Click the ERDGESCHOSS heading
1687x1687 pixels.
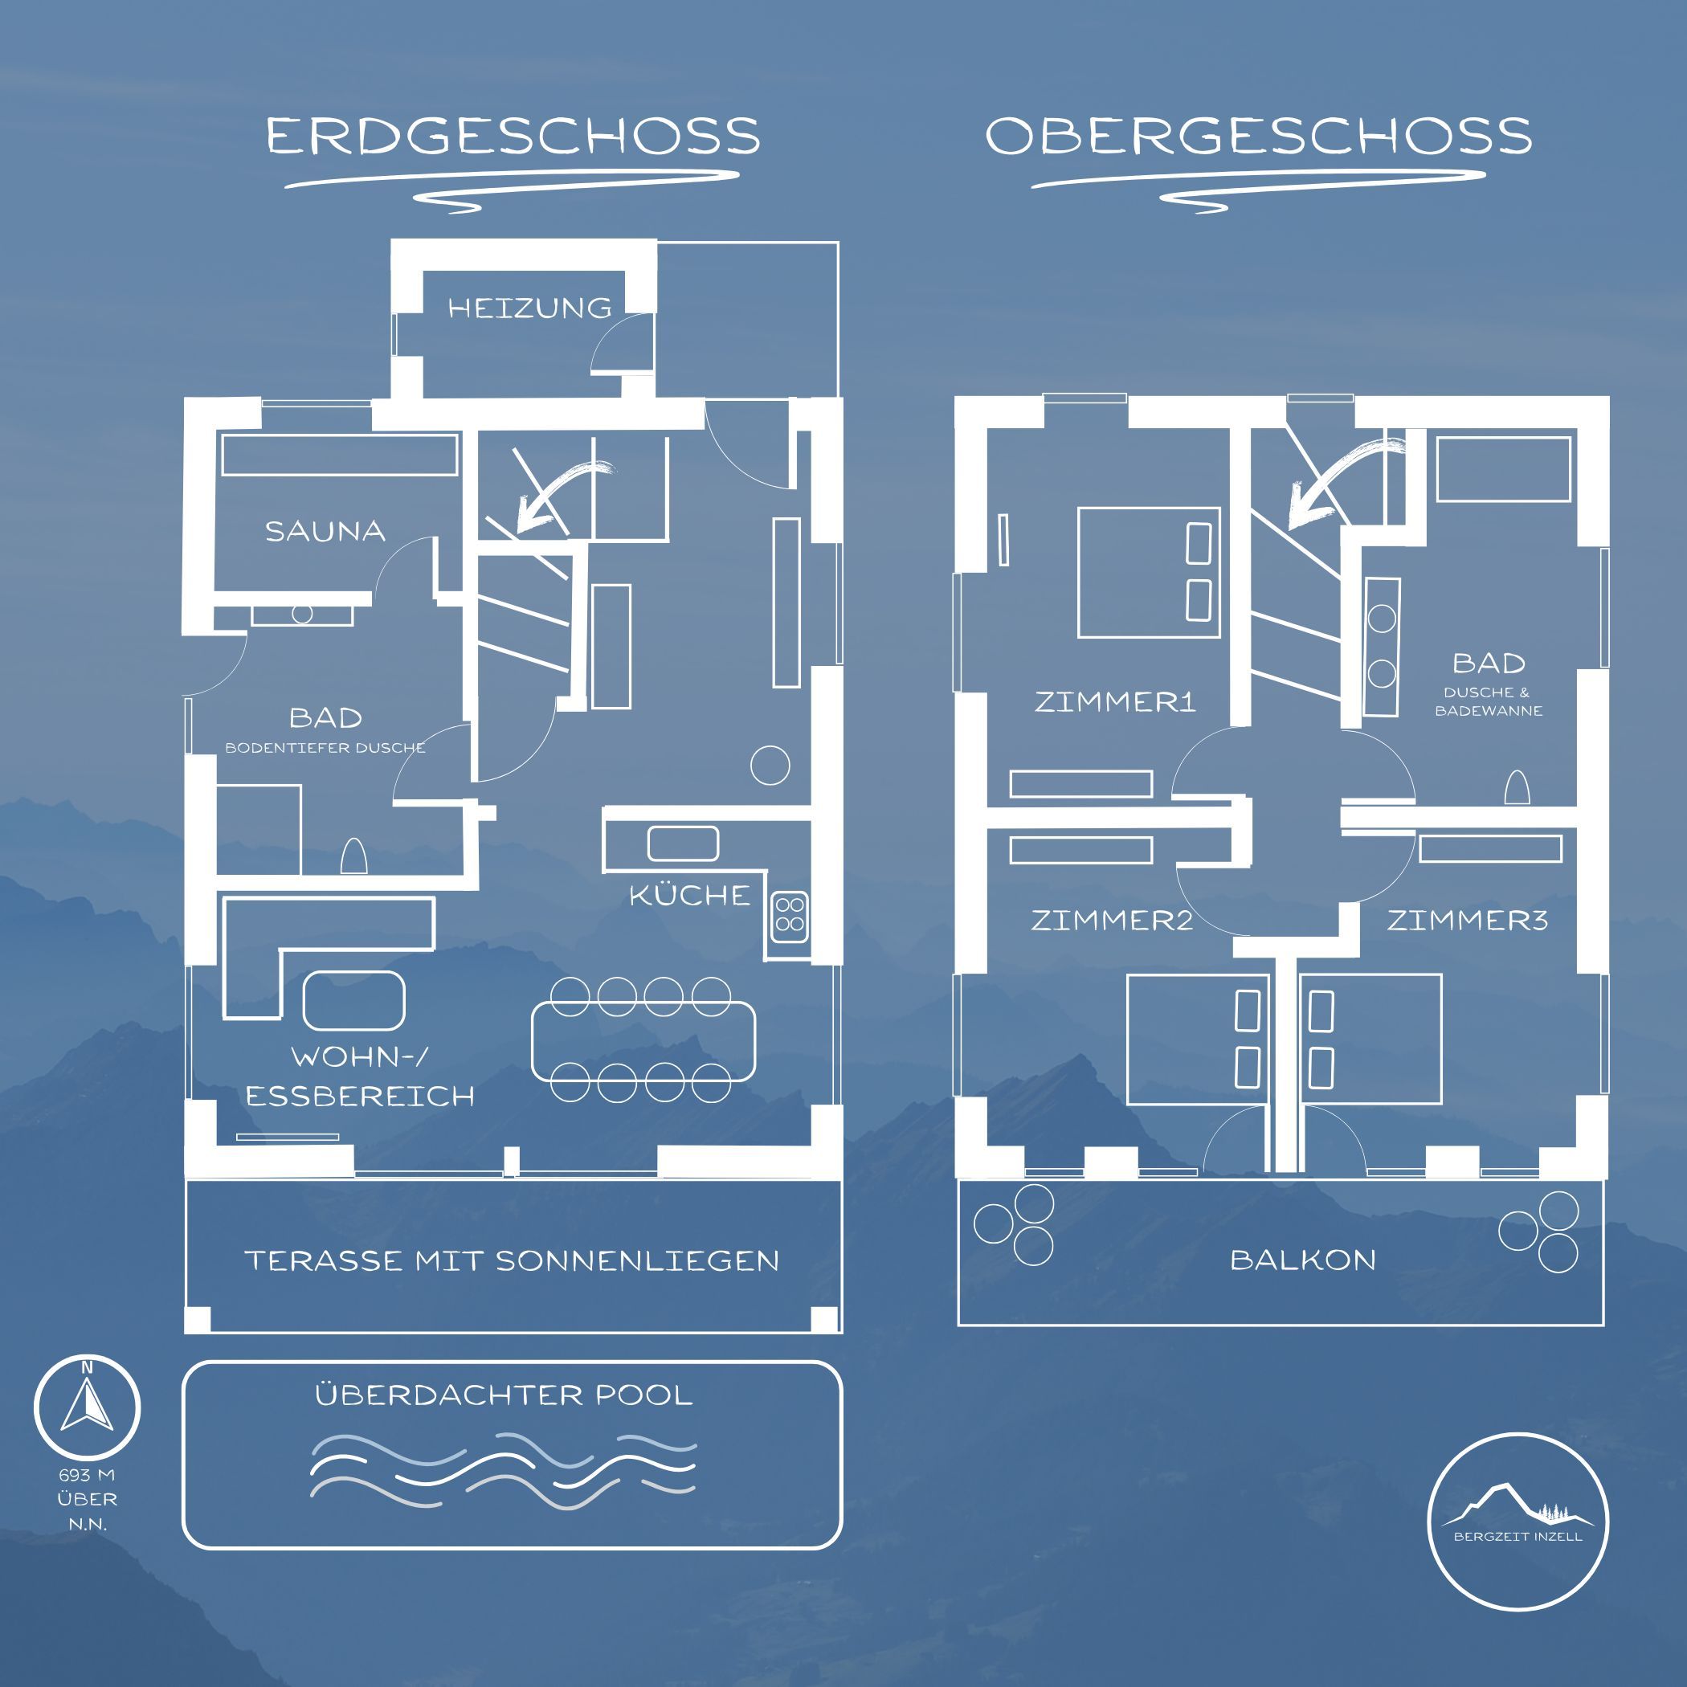513,137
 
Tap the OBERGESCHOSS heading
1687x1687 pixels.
1258,137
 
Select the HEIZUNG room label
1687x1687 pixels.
530,308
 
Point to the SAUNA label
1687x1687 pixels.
325,531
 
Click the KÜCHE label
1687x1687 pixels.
690,894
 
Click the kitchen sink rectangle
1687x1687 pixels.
683,843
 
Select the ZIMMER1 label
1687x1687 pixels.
1114,701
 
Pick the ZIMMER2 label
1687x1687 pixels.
1112,920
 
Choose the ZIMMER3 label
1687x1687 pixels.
1467,920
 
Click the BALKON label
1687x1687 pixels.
1303,1259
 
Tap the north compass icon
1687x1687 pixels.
88,1407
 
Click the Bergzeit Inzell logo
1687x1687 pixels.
1517,1520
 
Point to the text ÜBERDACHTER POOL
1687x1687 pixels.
504,1395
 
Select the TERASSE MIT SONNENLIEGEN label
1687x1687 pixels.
512,1260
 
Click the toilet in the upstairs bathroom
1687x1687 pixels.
1517,787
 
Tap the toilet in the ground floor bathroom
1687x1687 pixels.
353,856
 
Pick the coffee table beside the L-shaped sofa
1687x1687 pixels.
353,1001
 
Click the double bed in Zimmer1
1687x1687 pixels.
1148,573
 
